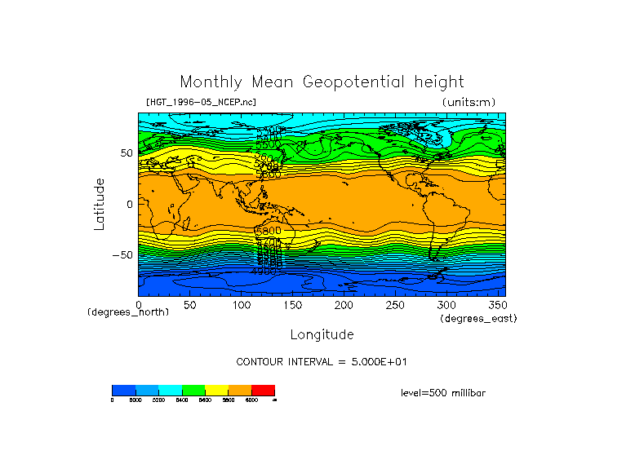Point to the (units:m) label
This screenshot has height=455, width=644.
click(468, 102)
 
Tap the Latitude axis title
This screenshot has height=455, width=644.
click(100, 204)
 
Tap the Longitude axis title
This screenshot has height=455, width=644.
click(322, 334)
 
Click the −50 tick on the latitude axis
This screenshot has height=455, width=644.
click(122, 255)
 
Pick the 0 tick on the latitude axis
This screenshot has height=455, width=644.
click(129, 204)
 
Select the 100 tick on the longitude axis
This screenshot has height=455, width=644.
click(242, 305)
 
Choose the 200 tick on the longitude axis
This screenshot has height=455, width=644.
click(344, 305)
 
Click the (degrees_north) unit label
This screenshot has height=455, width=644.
click(128, 312)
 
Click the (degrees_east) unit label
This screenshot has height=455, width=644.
click(478, 319)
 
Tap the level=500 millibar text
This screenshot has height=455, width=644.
click(443, 393)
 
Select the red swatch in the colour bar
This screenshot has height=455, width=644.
click(263, 390)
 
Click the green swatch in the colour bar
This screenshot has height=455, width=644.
click(193, 390)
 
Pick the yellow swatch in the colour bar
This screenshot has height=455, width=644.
click(216, 390)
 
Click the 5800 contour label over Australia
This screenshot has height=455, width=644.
click(269, 232)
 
